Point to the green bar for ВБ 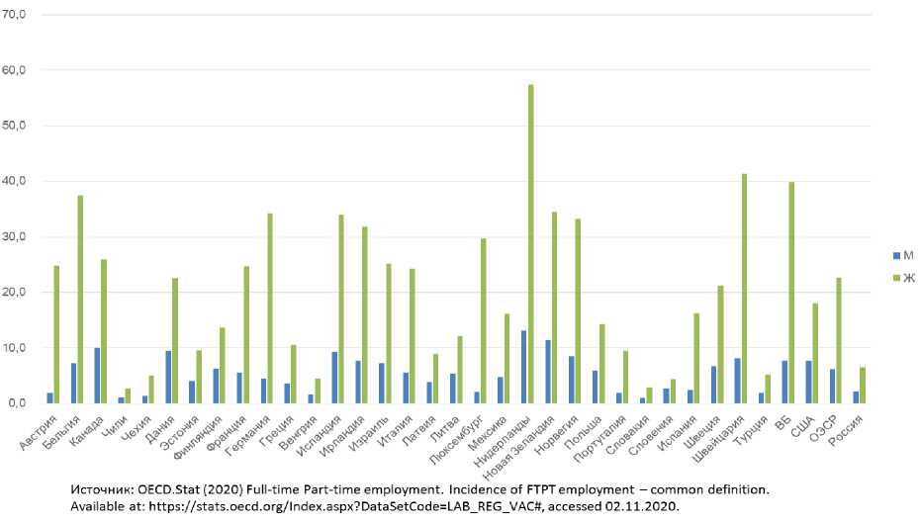pyautogui.click(x=792, y=293)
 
